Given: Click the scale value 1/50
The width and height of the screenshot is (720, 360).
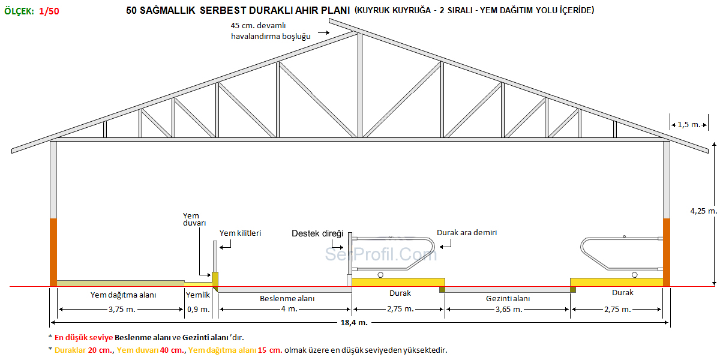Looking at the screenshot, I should (49, 11).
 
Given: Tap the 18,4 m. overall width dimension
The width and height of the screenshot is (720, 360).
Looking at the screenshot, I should (354, 323).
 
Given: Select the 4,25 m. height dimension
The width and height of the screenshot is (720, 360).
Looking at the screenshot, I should (704, 211).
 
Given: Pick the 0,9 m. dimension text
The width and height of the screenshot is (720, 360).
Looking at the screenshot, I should (199, 309).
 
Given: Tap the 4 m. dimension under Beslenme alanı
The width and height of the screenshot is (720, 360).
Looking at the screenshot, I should (286, 309).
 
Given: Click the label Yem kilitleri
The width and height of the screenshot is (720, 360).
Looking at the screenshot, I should (240, 233).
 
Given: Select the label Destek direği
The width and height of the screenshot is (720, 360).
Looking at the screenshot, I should (317, 233).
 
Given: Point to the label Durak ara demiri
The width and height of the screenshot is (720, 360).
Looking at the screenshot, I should (467, 232).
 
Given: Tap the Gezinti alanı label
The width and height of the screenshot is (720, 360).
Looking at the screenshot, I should (508, 298).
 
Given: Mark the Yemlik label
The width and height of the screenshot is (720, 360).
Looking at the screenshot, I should (198, 295).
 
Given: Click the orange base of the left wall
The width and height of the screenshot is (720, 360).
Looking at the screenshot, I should (53, 252).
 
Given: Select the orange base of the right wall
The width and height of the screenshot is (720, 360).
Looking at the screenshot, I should (667, 252).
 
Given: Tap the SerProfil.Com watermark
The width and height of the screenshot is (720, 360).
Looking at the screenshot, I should (381, 254).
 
